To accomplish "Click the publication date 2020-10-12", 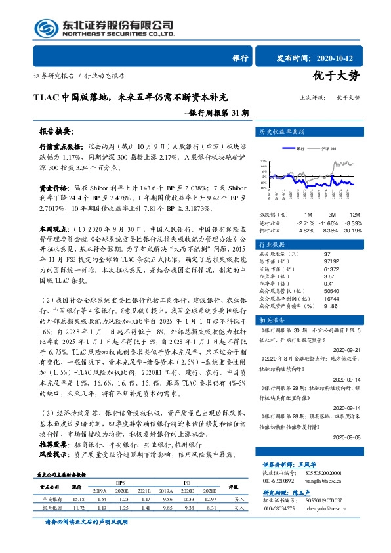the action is pyautogui.click(x=339, y=57).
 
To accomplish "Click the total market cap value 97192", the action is pyautogui.click(x=331, y=261).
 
